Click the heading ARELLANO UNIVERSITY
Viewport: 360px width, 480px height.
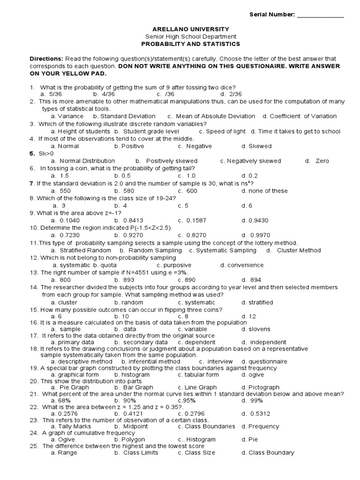coord(190,29)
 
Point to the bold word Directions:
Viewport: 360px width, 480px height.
coord(46,59)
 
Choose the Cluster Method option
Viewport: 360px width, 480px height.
coord(299,250)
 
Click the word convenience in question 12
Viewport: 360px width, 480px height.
coord(245,265)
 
